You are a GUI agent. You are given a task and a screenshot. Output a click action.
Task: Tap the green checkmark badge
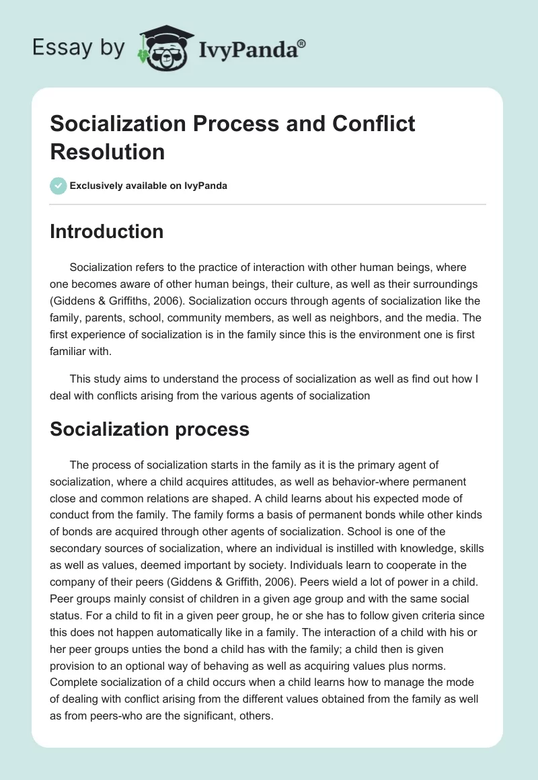(59, 186)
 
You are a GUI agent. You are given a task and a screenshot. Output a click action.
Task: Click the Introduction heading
(107, 231)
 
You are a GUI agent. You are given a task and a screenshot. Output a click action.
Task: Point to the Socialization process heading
(150, 429)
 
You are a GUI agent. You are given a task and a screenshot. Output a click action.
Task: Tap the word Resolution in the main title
(108, 151)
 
